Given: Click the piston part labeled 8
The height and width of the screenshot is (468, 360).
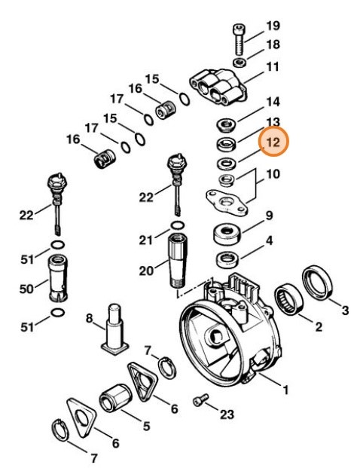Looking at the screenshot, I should tap(116, 327).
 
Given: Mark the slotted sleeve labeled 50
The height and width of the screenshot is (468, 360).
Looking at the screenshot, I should tap(58, 273).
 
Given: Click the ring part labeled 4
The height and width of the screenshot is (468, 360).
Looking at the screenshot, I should tap(227, 262).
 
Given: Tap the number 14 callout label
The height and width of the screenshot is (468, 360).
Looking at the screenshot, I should tap(272, 100).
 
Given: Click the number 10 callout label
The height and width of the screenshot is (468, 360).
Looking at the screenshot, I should tap(272, 176).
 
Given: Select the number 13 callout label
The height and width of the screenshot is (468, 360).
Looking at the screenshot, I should tap(272, 121).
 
